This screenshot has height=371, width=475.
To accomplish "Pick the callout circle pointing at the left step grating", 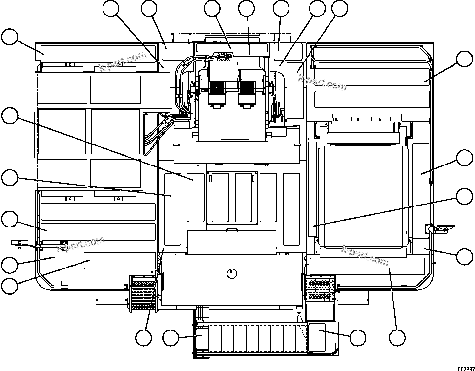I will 144,337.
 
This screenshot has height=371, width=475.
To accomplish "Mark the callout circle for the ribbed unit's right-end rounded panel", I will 358,337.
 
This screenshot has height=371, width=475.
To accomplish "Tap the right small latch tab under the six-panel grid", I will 117,198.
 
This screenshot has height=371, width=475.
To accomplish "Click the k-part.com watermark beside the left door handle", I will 81,245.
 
